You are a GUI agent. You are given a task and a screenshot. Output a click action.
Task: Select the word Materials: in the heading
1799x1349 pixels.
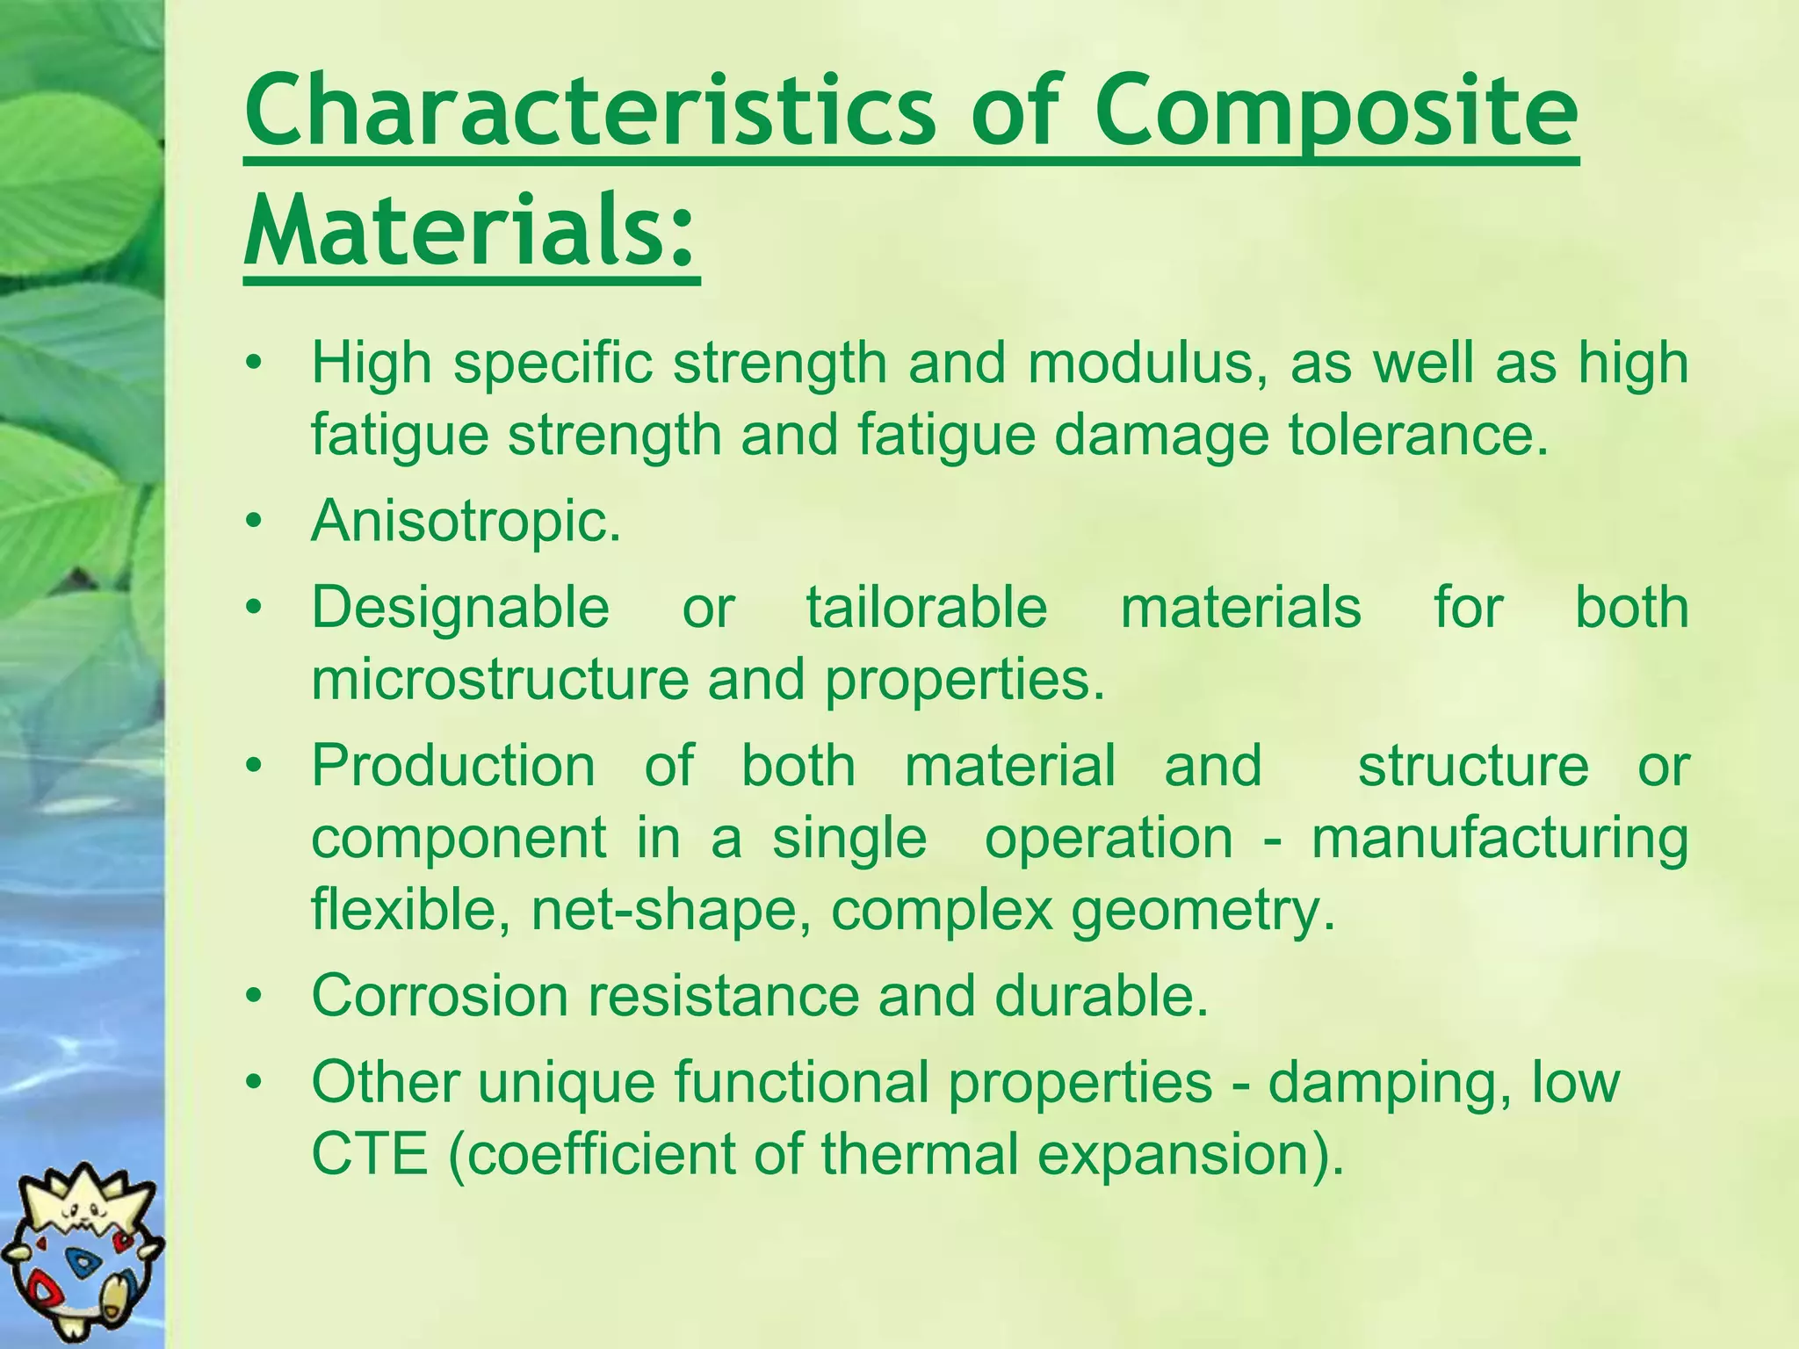471,230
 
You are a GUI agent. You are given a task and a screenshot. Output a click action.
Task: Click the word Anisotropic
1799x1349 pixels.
466,521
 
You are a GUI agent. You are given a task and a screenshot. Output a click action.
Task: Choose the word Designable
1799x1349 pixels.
460,608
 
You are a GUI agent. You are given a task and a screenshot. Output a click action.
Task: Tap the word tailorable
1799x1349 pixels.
927,608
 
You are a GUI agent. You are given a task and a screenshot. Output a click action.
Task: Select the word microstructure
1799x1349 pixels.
500,679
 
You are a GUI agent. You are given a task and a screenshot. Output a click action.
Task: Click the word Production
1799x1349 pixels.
453,765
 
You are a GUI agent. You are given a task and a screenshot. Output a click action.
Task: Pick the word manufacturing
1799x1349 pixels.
1499,838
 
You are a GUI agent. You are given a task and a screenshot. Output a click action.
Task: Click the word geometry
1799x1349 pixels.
1203,910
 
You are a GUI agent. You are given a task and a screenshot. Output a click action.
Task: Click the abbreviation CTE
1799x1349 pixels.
370,1154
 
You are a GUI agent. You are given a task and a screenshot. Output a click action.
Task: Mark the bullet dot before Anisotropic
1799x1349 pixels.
254,523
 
